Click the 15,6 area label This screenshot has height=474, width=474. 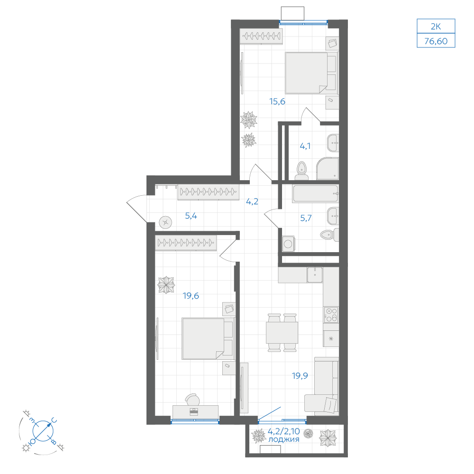pyautogui.click(x=277, y=101)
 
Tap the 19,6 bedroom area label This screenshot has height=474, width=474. pyautogui.click(x=191, y=296)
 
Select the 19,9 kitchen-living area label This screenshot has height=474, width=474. pyautogui.click(x=300, y=376)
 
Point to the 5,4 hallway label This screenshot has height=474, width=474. pyautogui.click(x=191, y=216)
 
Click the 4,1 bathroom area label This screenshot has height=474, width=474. pyautogui.click(x=305, y=146)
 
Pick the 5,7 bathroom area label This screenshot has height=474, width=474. pyautogui.click(x=306, y=218)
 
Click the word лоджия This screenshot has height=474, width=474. pyautogui.click(x=284, y=439)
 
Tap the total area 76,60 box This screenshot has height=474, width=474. pyautogui.click(x=436, y=40)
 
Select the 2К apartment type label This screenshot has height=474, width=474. pyautogui.click(x=436, y=27)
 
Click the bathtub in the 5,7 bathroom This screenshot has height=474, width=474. pyautogui.click(x=315, y=193)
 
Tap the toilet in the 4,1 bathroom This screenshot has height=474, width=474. pyautogui.click(x=301, y=171)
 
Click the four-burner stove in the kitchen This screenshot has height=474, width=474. pyautogui.click(x=331, y=315)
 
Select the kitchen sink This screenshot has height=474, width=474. pyautogui.click(x=315, y=275)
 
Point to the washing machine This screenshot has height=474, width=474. pyautogui.click(x=288, y=244)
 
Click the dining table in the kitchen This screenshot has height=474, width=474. pyautogui.click(x=282, y=333)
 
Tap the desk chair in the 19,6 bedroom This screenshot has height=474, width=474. pyautogui.click(x=192, y=400)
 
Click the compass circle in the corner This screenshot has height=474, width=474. pyautogui.click(x=43, y=430)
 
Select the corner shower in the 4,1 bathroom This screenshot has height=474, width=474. pyautogui.click(x=328, y=168)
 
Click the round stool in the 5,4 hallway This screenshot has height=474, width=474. pyautogui.click(x=165, y=223)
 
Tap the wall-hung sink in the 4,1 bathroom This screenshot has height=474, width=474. pyautogui.click(x=333, y=143)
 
